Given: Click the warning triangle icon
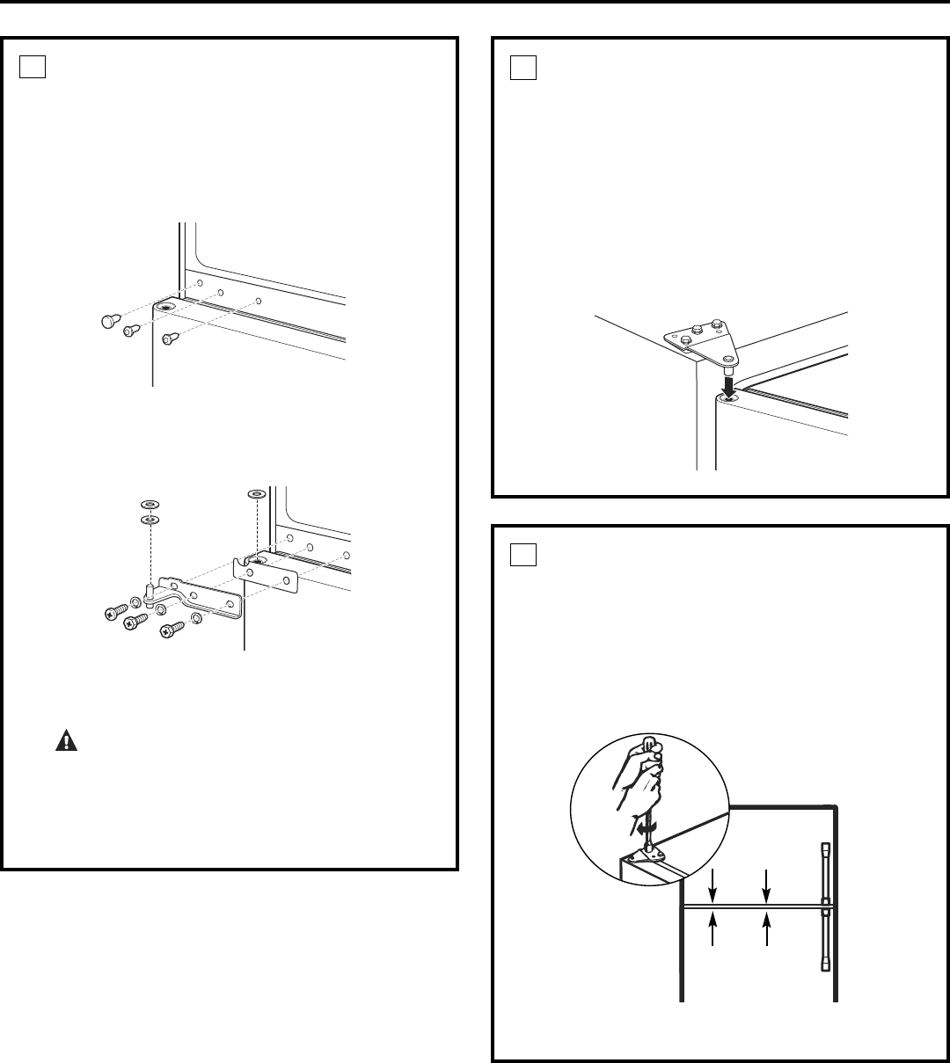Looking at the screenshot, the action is (65, 741).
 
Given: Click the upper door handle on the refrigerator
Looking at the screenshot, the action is (825, 868).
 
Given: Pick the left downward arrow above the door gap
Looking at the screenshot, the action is (713, 884).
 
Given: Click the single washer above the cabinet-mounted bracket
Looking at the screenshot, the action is (255, 495).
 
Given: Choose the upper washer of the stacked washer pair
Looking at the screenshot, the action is (150, 504).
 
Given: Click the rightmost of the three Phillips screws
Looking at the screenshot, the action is (172, 629).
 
